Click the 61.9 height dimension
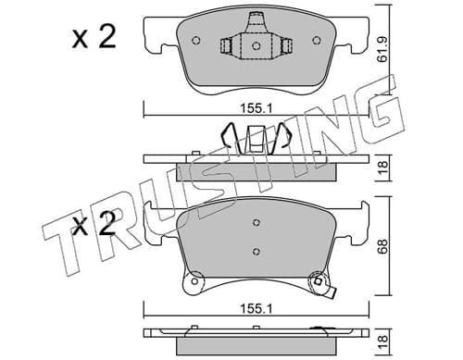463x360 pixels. pos(383,50)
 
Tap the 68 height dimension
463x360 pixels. pos(382,246)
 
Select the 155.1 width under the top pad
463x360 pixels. pos(257,108)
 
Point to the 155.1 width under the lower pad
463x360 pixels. pos(257,308)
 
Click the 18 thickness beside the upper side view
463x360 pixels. pos(382,168)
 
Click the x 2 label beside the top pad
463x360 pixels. pos(94,37)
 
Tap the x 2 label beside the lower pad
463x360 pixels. pos(94,224)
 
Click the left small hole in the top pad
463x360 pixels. pos(196,41)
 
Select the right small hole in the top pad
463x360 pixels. pos(317,41)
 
